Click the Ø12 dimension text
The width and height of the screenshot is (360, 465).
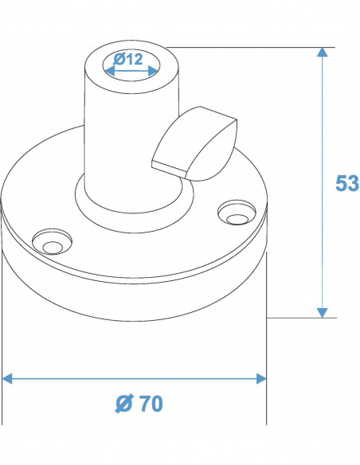point(128,59)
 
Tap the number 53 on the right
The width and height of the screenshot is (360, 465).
point(346,183)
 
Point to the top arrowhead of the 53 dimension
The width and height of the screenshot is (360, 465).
point(322,53)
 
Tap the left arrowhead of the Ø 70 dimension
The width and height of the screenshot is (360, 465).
point(8,378)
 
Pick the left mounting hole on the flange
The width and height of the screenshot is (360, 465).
point(51,242)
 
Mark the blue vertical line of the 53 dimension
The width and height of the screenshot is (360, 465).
point(322,183)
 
